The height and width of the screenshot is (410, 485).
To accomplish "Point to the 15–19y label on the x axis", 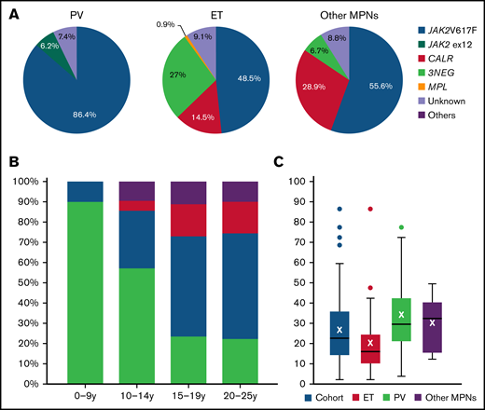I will click(x=190, y=397).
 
